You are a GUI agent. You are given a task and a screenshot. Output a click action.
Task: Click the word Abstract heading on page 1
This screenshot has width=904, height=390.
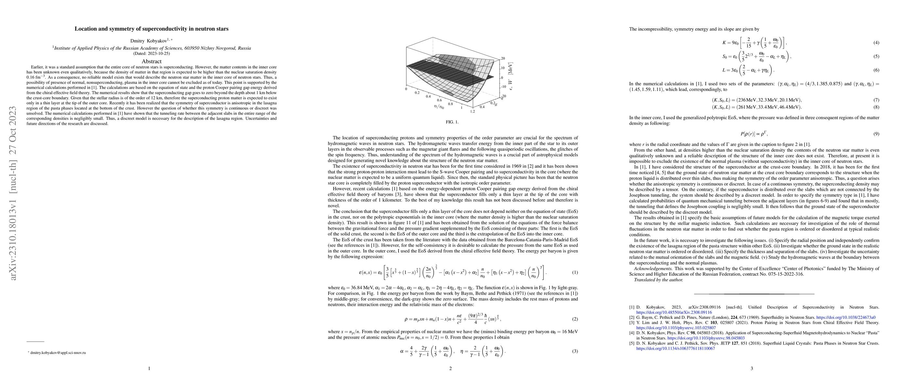pos(151,61)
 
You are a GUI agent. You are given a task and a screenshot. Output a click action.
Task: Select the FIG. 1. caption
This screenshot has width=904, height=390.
pos(452,122)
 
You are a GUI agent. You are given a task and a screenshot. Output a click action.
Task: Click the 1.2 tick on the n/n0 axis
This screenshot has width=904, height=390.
pos(472,111)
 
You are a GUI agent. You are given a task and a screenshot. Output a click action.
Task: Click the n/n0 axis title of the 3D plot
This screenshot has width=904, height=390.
pos(439,107)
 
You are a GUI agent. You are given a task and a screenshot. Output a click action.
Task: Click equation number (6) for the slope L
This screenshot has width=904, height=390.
pos(876,70)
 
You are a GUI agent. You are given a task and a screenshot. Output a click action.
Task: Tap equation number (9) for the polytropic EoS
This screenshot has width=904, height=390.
pos(876,134)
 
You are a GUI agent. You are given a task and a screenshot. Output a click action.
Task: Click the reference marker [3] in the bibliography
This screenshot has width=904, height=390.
pos(632,323)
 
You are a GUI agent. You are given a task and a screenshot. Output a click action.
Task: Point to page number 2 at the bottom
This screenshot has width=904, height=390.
pos(450,368)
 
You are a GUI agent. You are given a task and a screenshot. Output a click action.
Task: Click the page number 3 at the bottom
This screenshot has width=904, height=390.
pos(752,368)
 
